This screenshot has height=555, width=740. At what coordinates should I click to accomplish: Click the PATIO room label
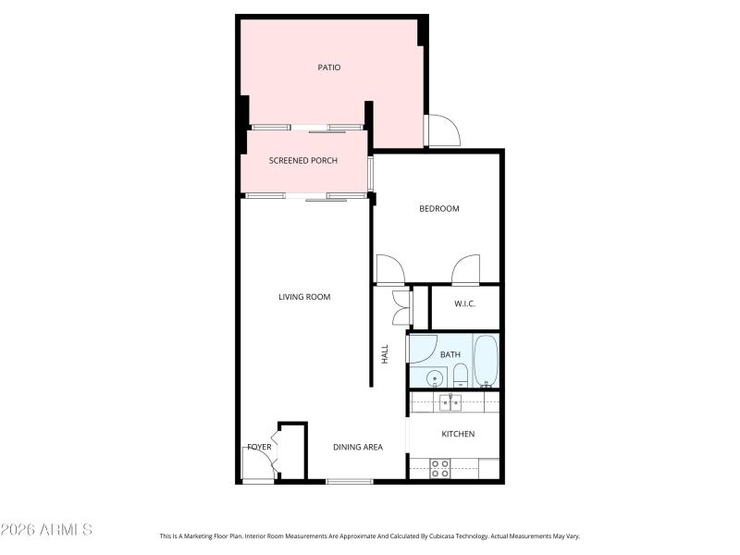coord(329,67)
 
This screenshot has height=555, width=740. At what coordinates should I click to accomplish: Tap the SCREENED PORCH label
coord(302,160)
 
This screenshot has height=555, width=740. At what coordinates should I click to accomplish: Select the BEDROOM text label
coord(438,208)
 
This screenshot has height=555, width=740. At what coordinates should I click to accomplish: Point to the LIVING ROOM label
coord(304,297)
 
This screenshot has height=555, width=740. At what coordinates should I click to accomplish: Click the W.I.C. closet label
coord(464,303)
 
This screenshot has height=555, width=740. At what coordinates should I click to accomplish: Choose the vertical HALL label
coord(385,353)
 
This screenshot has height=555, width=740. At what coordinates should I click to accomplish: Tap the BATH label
coord(450,354)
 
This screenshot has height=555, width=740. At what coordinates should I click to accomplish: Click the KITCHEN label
coord(457,434)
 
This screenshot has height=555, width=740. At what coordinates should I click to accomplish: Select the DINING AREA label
coord(358,447)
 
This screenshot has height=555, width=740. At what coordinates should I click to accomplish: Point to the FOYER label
coord(259,447)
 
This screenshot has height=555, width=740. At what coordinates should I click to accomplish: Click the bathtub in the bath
coord(486,362)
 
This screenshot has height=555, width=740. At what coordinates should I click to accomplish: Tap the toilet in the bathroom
coord(460,375)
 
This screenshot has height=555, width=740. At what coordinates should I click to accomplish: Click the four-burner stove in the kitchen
coord(440,468)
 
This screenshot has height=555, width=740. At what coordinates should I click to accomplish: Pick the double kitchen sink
coord(451,402)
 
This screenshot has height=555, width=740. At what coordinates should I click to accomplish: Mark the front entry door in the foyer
coord(259,462)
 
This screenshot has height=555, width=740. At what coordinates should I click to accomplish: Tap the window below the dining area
coord(350,481)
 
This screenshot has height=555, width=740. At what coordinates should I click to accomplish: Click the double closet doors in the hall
coord(401,307)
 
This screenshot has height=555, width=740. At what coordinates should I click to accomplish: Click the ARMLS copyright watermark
coord(46,530)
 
